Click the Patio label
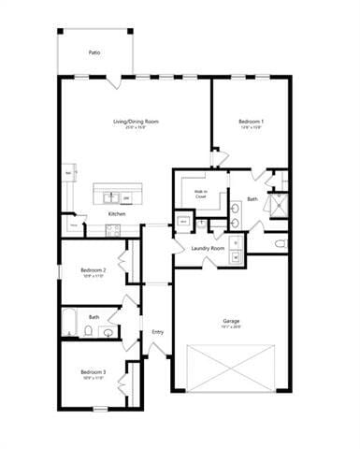tap(94, 53)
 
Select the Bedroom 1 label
tap(251, 122)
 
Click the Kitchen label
tap(117, 214)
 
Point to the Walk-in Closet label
tap(201, 195)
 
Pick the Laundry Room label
tap(208, 248)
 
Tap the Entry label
tap(157, 331)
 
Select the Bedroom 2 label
tap(93, 270)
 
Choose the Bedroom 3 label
tap(93, 371)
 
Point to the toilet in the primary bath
tap(281, 243)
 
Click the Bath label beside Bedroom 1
tap(252, 198)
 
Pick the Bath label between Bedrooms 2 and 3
tap(94, 317)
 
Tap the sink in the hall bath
tap(109, 331)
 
